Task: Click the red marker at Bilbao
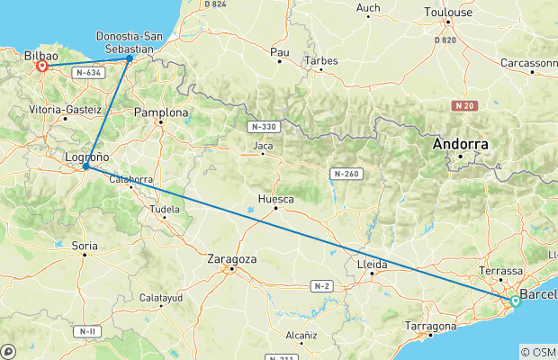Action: click(41, 66)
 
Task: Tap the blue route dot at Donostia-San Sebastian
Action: click(130, 58)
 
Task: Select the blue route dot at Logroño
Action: click(85, 166)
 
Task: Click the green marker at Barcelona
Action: click(514, 301)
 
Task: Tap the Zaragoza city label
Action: click(231, 258)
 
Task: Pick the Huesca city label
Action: click(275, 198)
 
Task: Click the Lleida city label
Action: click(373, 265)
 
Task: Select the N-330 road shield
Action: click(265, 127)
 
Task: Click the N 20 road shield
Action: click(463, 106)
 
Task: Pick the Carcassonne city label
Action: click(531, 63)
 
